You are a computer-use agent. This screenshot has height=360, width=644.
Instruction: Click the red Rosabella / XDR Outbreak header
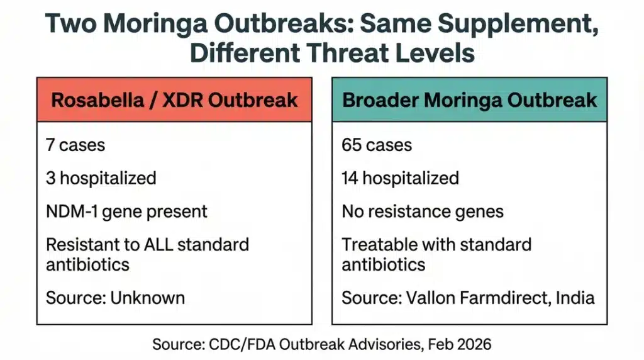coord(174,99)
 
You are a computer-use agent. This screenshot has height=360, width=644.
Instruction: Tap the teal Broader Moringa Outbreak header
coord(469,99)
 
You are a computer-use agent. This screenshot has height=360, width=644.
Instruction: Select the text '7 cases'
coord(75,145)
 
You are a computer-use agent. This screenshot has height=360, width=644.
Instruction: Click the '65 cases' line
coord(377,145)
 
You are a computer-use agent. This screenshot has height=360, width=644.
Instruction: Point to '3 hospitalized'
coord(101,178)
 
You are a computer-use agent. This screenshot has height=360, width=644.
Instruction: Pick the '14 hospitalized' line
coord(400,178)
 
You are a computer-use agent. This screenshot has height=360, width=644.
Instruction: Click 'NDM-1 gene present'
coord(126,211)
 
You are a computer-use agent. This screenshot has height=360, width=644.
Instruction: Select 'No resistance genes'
coord(423,211)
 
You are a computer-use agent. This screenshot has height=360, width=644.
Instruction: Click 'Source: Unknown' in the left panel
coord(115,297)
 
